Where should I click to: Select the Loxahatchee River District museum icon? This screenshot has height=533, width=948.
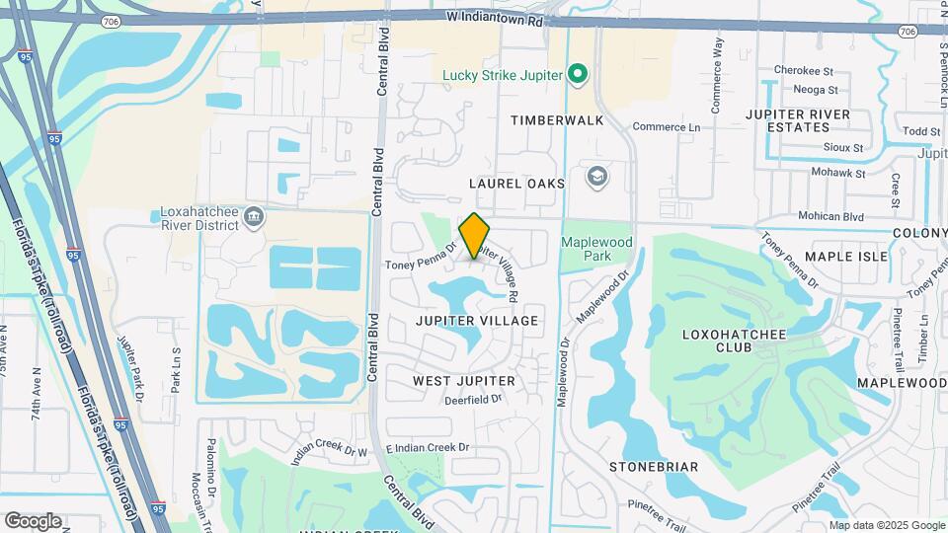254,216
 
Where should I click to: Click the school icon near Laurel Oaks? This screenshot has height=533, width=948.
596,178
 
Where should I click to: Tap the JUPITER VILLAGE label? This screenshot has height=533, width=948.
477,321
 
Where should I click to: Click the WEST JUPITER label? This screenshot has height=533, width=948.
463,381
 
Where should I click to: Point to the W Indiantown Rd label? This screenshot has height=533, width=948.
494,18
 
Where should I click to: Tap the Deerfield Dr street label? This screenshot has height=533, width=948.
474,400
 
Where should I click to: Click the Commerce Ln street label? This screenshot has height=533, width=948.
666,127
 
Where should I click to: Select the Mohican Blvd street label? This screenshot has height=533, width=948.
829,216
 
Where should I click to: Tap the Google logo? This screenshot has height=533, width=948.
33,521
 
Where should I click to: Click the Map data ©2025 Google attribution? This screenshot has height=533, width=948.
887,525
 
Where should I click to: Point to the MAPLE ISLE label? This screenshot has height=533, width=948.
846,257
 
